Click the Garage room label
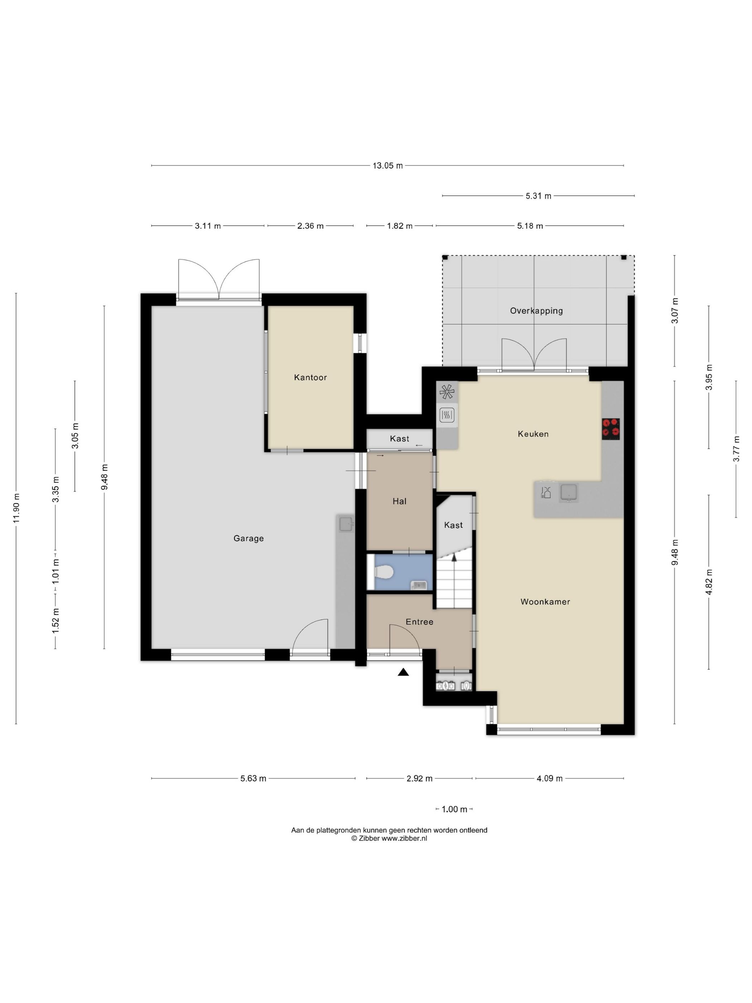pyautogui.click(x=249, y=538)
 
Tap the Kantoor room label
pyautogui.click(x=310, y=377)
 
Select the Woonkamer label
pyautogui.click(x=545, y=602)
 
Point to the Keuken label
pyautogui.click(x=533, y=434)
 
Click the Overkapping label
pyautogui.click(x=536, y=311)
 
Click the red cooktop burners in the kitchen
pyautogui.click(x=610, y=428)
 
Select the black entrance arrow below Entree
pyautogui.click(x=403, y=672)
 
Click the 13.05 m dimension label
pyautogui.click(x=387, y=165)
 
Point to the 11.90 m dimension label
pyautogui.click(x=17, y=508)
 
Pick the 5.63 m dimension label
pyautogui.click(x=253, y=778)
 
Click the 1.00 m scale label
pyautogui.click(x=454, y=809)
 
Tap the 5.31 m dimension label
pyautogui.click(x=538, y=196)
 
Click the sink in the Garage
pyautogui.click(x=347, y=524)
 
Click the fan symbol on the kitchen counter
pyautogui.click(x=447, y=392)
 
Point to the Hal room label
pyautogui.click(x=399, y=501)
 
